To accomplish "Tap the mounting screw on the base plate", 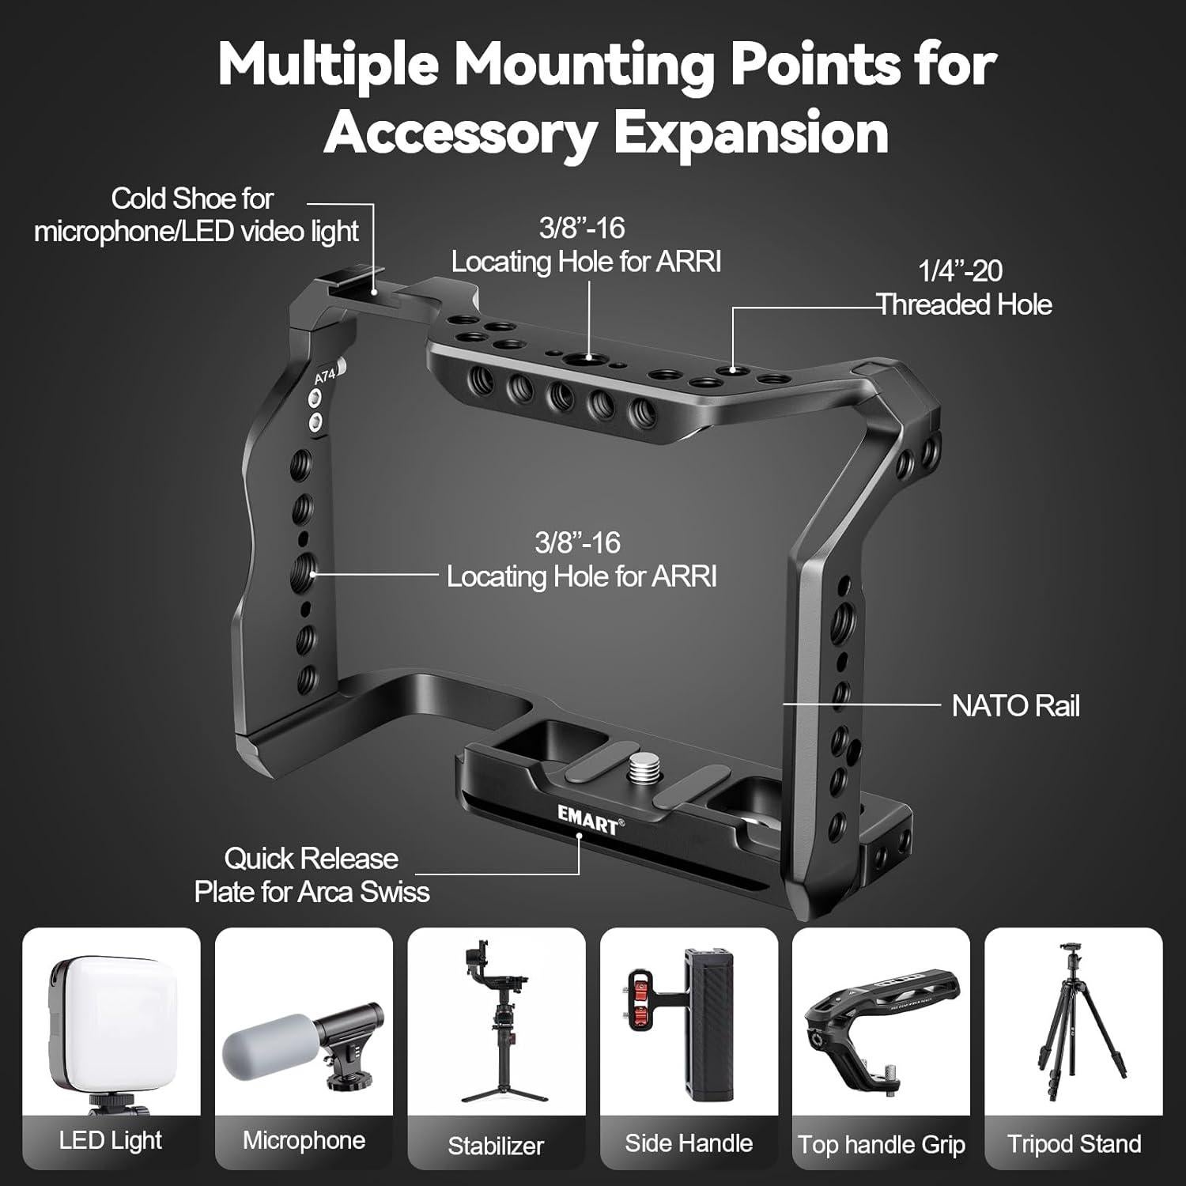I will (639, 766).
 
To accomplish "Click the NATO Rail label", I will (1014, 706).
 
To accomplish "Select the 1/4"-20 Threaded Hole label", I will (962, 289).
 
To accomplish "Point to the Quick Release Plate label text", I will (312, 875).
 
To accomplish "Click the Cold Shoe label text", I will (195, 215).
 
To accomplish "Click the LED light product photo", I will (111, 1028).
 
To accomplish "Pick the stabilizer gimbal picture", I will (496, 1020).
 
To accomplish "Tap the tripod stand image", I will (1073, 1020).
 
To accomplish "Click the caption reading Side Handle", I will (689, 1143).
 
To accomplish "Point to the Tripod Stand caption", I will (1074, 1143).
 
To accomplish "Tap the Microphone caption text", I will (304, 1140).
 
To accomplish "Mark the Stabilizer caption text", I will (496, 1146).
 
